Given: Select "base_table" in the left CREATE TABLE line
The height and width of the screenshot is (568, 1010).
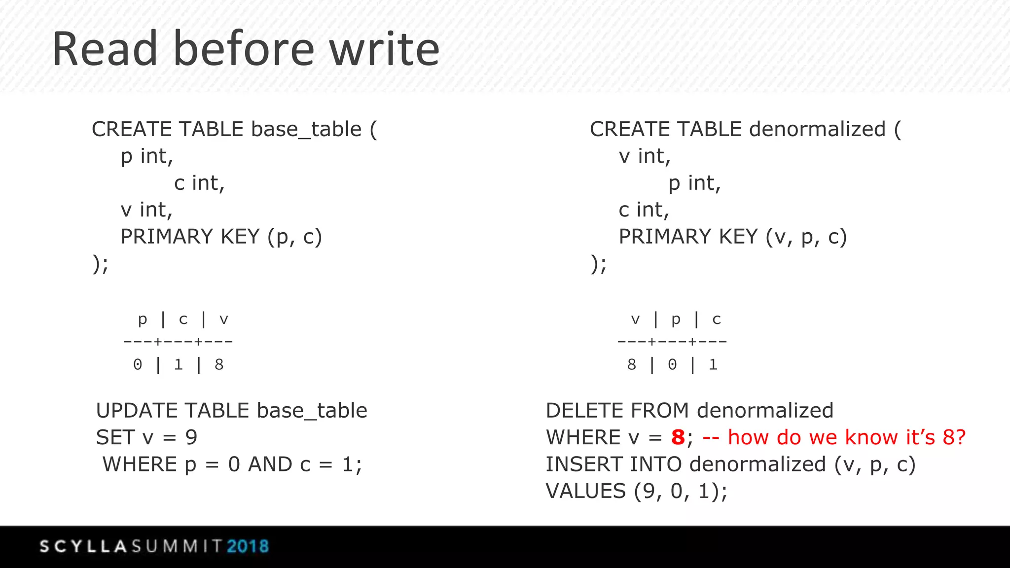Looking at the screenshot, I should tap(306, 130).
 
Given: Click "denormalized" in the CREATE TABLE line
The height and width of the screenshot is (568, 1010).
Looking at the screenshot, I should tap(817, 129).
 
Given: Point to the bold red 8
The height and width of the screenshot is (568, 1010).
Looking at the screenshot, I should tap(678, 437).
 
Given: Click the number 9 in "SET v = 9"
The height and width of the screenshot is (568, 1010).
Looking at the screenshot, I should tap(191, 437).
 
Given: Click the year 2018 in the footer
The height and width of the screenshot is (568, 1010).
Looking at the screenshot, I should tap(248, 546).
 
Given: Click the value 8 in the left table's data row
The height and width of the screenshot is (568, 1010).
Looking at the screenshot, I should tap(219, 365).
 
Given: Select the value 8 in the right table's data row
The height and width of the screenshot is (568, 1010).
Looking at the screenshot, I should tap(632, 365).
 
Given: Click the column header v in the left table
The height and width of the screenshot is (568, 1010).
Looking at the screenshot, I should tap(224, 319).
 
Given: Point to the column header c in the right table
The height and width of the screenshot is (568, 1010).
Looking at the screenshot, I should tap(717, 319).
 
